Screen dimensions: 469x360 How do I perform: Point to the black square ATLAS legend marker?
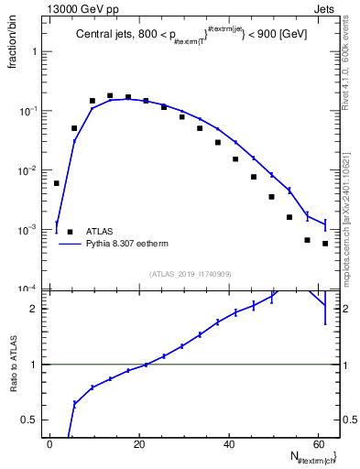click(70, 232)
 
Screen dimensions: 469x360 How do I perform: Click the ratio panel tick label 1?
click(38, 365)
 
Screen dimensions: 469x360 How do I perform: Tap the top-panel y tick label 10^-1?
click(31, 111)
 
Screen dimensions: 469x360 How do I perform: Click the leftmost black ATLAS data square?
click(57, 183)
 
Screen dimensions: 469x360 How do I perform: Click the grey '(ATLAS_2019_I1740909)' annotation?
click(191, 273)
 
